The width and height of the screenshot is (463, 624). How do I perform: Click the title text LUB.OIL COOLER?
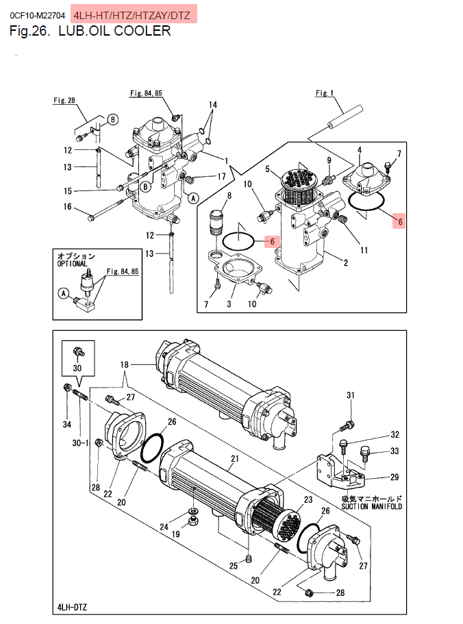tap(114, 31)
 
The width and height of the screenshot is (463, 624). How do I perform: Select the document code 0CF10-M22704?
tap(38, 16)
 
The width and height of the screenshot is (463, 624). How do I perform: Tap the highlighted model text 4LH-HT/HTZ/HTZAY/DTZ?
tap(132, 16)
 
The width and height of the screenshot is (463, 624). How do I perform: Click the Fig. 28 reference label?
tap(64, 100)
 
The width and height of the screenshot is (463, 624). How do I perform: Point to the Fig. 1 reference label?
tap(325, 92)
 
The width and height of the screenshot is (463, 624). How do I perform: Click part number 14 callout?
tap(213, 105)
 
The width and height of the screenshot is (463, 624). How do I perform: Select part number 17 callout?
tap(221, 176)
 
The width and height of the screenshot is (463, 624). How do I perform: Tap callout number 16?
tap(68, 207)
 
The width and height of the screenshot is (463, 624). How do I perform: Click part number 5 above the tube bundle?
tap(268, 169)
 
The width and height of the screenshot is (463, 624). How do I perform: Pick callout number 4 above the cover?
tap(360, 150)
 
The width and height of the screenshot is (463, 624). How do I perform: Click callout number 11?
tap(364, 250)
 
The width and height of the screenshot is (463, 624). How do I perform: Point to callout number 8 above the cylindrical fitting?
tap(229, 195)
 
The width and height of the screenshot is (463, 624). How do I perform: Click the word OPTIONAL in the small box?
tap(72, 264)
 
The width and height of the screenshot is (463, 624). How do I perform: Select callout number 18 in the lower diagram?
tap(125, 364)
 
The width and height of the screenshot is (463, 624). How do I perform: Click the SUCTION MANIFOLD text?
tap(371, 507)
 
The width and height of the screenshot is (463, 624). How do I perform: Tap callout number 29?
tap(395, 477)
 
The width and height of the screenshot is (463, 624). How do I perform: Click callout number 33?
tap(395, 451)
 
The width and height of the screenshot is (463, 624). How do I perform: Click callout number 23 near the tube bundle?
tap(308, 499)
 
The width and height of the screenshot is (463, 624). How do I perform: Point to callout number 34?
tap(67, 425)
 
